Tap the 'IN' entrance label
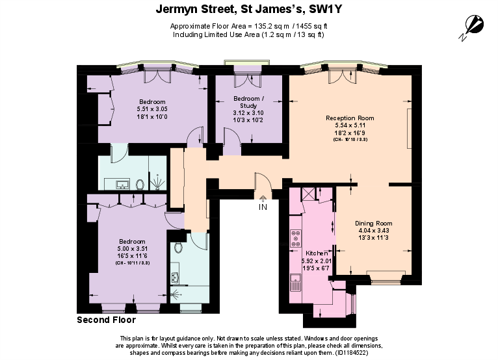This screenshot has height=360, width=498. click(263, 207)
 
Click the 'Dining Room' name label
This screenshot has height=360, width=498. click(373, 223)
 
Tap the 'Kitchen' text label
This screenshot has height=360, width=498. click(316, 253)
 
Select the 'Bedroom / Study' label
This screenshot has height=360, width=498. click(249, 102)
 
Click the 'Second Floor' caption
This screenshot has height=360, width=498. click(106, 320)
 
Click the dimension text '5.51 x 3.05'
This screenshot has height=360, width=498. click(151, 109)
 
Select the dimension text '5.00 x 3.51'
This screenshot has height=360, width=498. click(133, 248)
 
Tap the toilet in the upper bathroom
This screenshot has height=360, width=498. click(140, 184)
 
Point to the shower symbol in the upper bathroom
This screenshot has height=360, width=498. click(157, 183)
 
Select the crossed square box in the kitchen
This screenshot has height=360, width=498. click(307, 193)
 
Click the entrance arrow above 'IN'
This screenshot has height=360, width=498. click(263, 198)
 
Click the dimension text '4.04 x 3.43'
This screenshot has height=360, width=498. click(373, 231)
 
